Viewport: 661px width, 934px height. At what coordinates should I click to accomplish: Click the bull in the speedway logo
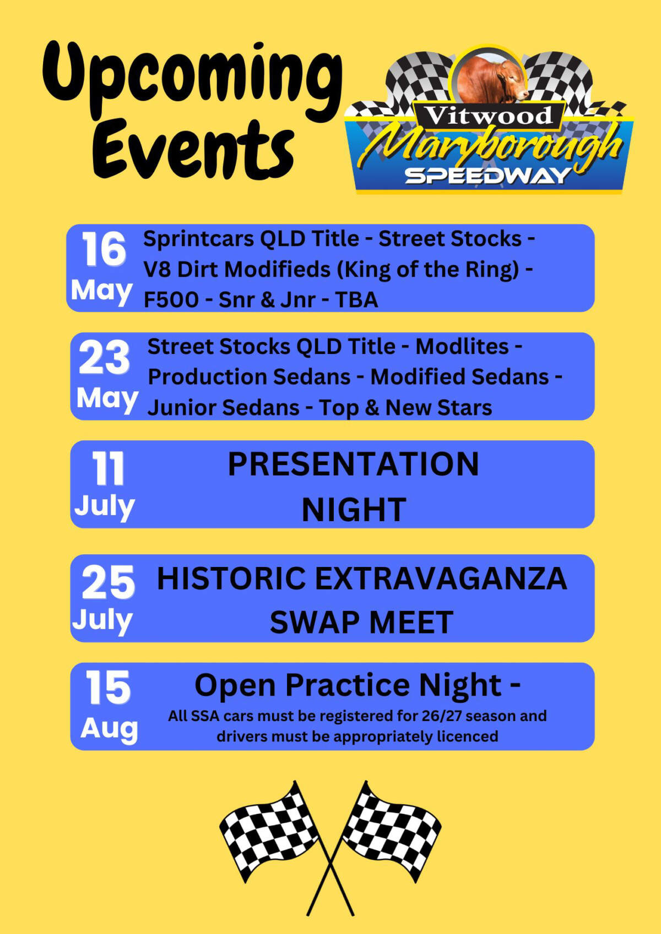tap(493, 80)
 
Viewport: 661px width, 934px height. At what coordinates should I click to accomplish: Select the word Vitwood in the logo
tap(488, 116)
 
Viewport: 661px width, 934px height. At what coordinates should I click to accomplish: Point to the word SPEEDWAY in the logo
tap(488, 176)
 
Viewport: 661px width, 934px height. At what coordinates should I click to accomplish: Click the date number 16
tap(104, 249)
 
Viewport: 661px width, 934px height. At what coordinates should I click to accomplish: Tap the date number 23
tap(104, 357)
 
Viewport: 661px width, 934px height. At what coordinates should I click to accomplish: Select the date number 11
tap(108, 469)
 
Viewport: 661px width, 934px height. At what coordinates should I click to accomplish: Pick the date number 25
tap(108, 582)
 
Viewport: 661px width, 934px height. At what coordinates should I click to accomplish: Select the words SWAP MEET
tap(361, 622)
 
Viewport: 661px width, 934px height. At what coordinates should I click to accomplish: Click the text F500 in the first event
tap(171, 299)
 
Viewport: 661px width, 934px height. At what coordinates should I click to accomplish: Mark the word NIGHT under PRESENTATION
tap(354, 510)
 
